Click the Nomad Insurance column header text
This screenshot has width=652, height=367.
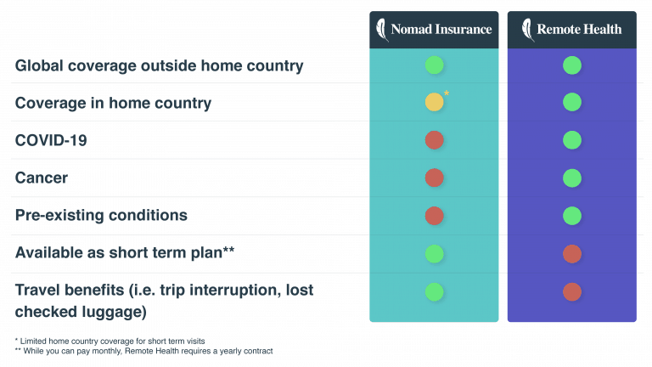tap(441, 29)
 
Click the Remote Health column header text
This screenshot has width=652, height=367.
tap(579, 29)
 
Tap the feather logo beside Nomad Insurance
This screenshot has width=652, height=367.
tap(382, 30)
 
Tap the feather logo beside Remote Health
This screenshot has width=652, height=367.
tap(528, 30)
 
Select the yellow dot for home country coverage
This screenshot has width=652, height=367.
tap(434, 102)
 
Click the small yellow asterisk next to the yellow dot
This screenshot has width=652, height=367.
tap(447, 93)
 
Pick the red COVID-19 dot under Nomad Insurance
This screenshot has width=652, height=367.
tap(434, 140)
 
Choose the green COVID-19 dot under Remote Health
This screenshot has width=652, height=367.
tap(572, 140)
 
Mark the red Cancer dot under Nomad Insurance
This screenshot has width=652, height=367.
tap(434, 178)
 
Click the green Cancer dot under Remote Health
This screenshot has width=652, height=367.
tap(572, 178)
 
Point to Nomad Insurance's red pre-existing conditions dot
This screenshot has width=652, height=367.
tap(434, 216)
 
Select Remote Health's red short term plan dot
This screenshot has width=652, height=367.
tap(572, 254)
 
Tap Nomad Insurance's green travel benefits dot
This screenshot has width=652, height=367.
tap(434, 291)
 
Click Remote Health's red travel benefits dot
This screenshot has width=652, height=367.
tap(572, 291)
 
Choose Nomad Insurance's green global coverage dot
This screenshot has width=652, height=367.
tap(434, 65)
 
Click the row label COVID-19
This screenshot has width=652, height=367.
tap(51, 140)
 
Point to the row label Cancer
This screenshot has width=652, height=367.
tap(42, 178)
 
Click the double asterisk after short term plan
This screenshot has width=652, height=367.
tap(228, 250)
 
